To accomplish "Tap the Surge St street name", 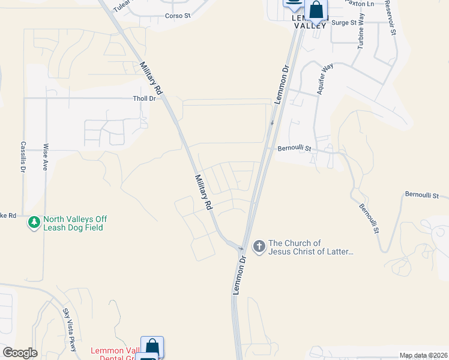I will [x=344, y=23].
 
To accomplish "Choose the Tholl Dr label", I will [x=144, y=98].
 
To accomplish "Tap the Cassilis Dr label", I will [x=23, y=157].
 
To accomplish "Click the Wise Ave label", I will [x=45, y=157].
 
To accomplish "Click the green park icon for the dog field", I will [x=34, y=223].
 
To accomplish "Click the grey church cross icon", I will [x=259, y=247].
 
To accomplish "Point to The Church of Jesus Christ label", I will [x=311, y=247].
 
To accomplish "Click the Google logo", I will [x=20, y=353].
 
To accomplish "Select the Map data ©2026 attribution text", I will [x=423, y=355].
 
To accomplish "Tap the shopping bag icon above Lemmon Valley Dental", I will [x=152, y=347].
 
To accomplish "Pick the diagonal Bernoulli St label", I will [x=368, y=219].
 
